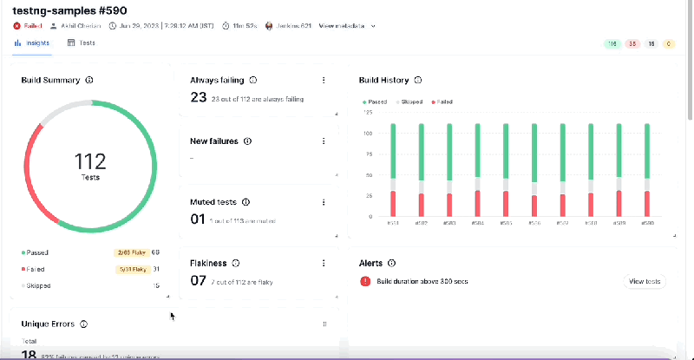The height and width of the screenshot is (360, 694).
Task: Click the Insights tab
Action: point(33,43)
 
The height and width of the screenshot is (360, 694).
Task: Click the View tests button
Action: point(644,281)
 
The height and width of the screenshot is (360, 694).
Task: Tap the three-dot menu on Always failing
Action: point(324,80)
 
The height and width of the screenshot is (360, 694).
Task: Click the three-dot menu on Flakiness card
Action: point(324,263)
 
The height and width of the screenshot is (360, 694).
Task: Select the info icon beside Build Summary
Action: point(89,80)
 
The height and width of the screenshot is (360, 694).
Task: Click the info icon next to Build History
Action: point(418,80)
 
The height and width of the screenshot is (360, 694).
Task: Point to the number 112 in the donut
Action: point(90,160)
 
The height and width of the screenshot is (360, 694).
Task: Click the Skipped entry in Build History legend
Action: point(410,101)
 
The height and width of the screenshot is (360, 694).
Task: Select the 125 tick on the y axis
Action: point(369,112)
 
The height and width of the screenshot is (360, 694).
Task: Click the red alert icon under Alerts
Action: point(363,281)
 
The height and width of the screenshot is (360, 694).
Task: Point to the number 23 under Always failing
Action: point(199,97)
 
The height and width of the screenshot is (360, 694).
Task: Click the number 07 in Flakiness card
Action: point(199,280)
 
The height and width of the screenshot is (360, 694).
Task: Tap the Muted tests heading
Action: point(213,201)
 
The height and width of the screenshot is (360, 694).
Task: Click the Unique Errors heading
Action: point(49,324)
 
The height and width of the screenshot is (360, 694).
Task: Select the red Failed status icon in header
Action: point(17,25)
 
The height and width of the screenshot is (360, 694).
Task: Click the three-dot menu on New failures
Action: point(324,141)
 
